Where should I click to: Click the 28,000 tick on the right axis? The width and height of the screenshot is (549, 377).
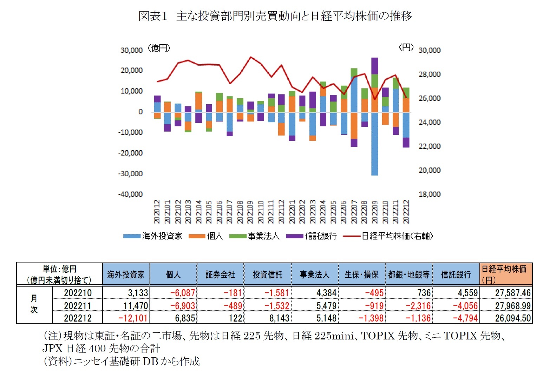pos(429,74)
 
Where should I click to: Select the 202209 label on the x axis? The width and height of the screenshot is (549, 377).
pos(375,212)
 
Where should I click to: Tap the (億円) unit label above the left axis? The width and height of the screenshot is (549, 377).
pos(159,48)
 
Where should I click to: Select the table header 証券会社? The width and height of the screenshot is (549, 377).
pos(220,275)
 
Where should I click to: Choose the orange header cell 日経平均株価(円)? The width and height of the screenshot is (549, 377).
pos(506,274)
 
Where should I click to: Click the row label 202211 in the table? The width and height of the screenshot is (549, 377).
pos(78,306)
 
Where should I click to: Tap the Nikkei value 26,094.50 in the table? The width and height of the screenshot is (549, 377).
pos(512,318)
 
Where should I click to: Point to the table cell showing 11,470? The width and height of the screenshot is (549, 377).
pos(136,306)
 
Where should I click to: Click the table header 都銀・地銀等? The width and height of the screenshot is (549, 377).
pos(409,275)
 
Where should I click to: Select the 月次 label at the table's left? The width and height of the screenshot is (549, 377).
pos(34,304)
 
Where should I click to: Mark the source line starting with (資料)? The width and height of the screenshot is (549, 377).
pos(121,361)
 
